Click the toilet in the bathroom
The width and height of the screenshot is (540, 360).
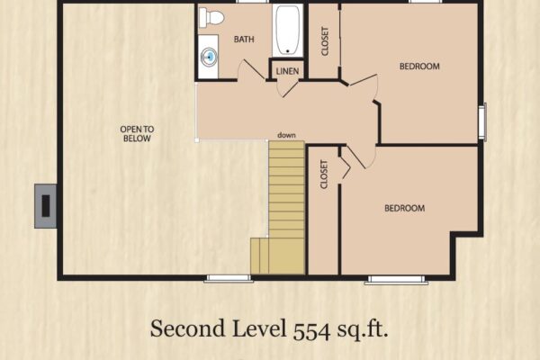pyautogui.click(x=211, y=17)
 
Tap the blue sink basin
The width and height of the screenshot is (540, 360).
pyautogui.click(x=209, y=56)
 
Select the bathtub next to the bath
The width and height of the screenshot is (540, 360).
pyautogui.click(x=288, y=31)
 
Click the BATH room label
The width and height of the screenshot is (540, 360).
pyautogui.click(x=244, y=40)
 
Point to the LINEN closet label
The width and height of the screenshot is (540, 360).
pyautogui.click(x=287, y=71)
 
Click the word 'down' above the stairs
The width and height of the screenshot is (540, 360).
pyautogui.click(x=286, y=135)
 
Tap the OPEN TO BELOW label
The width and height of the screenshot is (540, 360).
pyautogui.click(x=137, y=134)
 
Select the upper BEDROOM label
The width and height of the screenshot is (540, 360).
pyautogui.click(x=419, y=66)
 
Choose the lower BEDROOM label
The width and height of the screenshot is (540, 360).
pyautogui.click(x=405, y=208)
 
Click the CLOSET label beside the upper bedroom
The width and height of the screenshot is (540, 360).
pyautogui.click(x=325, y=41)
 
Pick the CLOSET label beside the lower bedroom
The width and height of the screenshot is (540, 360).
pyautogui.click(x=324, y=175)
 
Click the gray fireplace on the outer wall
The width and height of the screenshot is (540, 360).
pyautogui.click(x=46, y=206)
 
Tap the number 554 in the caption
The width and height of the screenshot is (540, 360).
pyautogui.click(x=311, y=329)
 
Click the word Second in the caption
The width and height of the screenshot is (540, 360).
pyautogui.click(x=188, y=328)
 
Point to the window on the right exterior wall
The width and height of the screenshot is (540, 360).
pyautogui.click(x=482, y=121)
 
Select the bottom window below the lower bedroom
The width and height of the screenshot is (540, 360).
pyautogui.click(x=396, y=279)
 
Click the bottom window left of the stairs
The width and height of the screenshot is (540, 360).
pyautogui.click(x=229, y=279)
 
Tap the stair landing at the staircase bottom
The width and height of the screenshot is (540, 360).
pyautogui.click(x=277, y=256)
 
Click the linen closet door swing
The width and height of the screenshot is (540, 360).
pyautogui.click(x=287, y=88)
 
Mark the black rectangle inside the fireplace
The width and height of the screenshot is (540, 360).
pyautogui.click(x=46, y=206)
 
